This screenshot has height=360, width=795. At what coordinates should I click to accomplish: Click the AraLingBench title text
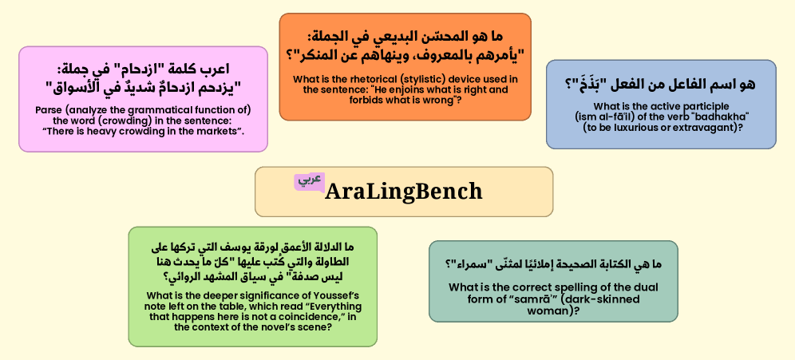pyautogui.click(x=404, y=191)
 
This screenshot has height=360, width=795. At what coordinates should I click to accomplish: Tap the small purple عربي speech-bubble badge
pyautogui.click(x=309, y=181)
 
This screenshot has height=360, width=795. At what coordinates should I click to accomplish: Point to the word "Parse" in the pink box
pyautogui.click(x=48, y=110)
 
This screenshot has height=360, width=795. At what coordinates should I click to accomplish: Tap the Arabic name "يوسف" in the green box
pyautogui.click(x=266, y=248)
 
